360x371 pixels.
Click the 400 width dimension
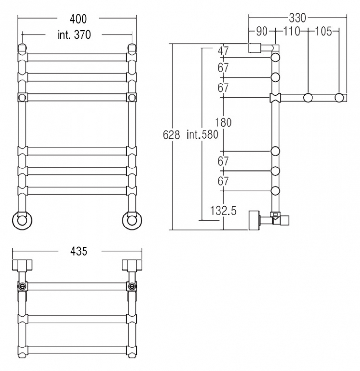(x=78, y=19)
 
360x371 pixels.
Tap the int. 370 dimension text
(x=74, y=35)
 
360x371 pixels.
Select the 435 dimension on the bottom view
(x=79, y=251)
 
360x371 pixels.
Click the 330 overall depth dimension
(x=297, y=18)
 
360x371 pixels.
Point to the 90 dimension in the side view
(x=262, y=31)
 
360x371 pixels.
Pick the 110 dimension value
(x=291, y=31)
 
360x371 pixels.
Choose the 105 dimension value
(x=324, y=31)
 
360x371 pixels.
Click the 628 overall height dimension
(x=171, y=135)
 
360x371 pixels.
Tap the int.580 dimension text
(x=203, y=134)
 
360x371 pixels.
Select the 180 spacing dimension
(x=223, y=122)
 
